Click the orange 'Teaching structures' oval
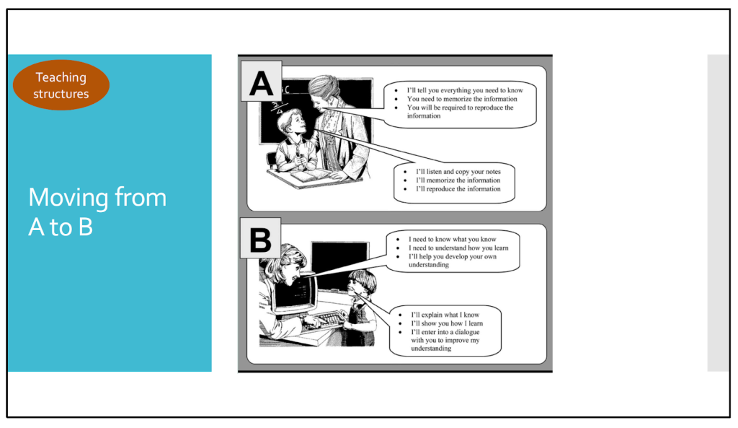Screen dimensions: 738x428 (x=61, y=85)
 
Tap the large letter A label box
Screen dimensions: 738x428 (x=262, y=81)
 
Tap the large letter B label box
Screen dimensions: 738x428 (x=260, y=238)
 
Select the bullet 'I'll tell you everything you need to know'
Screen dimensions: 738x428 (x=465, y=90)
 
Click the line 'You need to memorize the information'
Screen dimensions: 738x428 (x=462, y=99)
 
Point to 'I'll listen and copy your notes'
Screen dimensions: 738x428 (x=458, y=172)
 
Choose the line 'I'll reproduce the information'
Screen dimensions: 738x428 (x=458, y=189)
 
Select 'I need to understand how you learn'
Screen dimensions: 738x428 (x=458, y=248)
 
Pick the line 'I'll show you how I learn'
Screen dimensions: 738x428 (x=447, y=323)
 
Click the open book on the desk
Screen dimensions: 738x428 (x=311, y=176)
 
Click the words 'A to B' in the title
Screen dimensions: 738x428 (x=61, y=227)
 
